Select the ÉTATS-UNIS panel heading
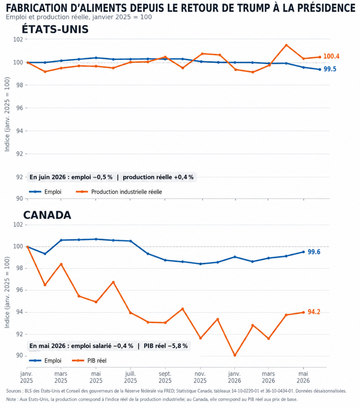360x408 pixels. click(x=55, y=29)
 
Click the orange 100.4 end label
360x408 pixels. click(x=331, y=56)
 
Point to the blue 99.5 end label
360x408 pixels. click(x=330, y=69)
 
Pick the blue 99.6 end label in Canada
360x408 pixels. click(x=314, y=252)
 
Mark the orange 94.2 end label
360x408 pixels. click(x=314, y=312)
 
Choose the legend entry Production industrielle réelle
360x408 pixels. click(x=119, y=192)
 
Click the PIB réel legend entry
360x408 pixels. click(x=89, y=360)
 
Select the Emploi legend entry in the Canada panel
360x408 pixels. click(x=45, y=360)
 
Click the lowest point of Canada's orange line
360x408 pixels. click(x=235, y=355)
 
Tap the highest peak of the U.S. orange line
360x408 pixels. click(x=286, y=45)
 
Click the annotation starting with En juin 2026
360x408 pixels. click(x=111, y=177)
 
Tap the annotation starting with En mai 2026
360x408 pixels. click(x=109, y=346)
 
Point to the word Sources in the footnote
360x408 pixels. click(x=14, y=391)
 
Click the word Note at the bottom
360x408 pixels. click(x=11, y=399)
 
